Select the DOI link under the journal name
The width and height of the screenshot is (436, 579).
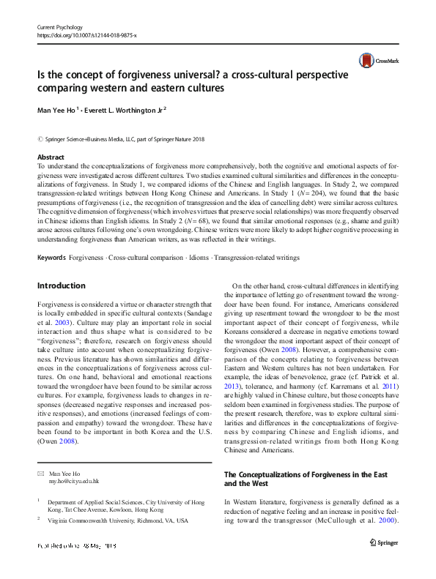[86, 34]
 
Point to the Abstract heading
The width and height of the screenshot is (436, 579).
[51, 157]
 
